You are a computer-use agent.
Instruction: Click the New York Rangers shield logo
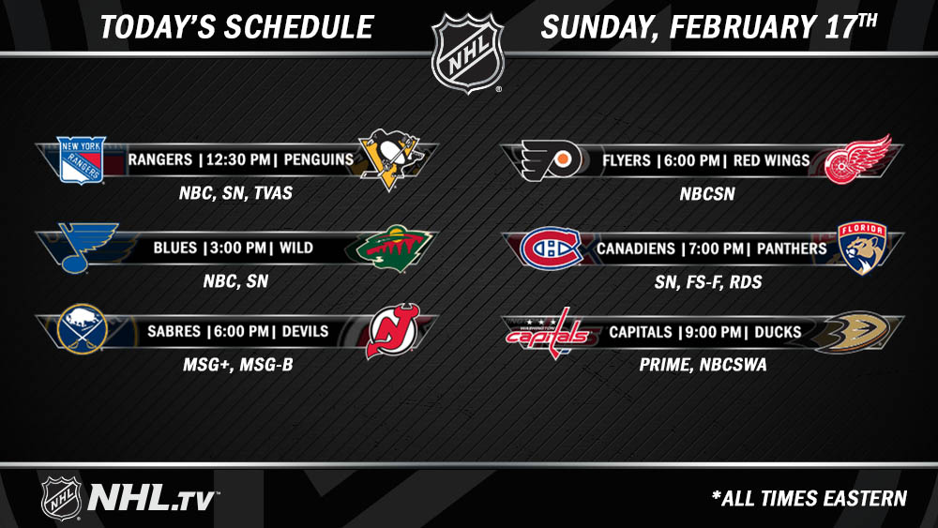pos(82,159)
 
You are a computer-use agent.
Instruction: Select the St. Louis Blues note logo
pos(87,248)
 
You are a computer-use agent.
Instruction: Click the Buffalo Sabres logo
pos(82,329)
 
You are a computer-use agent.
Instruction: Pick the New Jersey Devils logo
pos(393,330)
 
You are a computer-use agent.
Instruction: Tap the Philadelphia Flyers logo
pos(551,159)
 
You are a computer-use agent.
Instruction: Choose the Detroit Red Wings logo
pos(857,159)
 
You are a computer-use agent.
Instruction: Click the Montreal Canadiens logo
pos(551,249)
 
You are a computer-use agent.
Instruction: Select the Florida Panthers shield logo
pos(862,249)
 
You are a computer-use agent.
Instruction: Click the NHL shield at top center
pos(468,53)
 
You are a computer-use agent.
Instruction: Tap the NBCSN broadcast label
pos(707,194)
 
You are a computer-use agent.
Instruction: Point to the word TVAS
pos(273,192)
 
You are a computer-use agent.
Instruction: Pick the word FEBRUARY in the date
pos(741,27)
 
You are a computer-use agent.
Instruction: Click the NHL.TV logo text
pos(151,498)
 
